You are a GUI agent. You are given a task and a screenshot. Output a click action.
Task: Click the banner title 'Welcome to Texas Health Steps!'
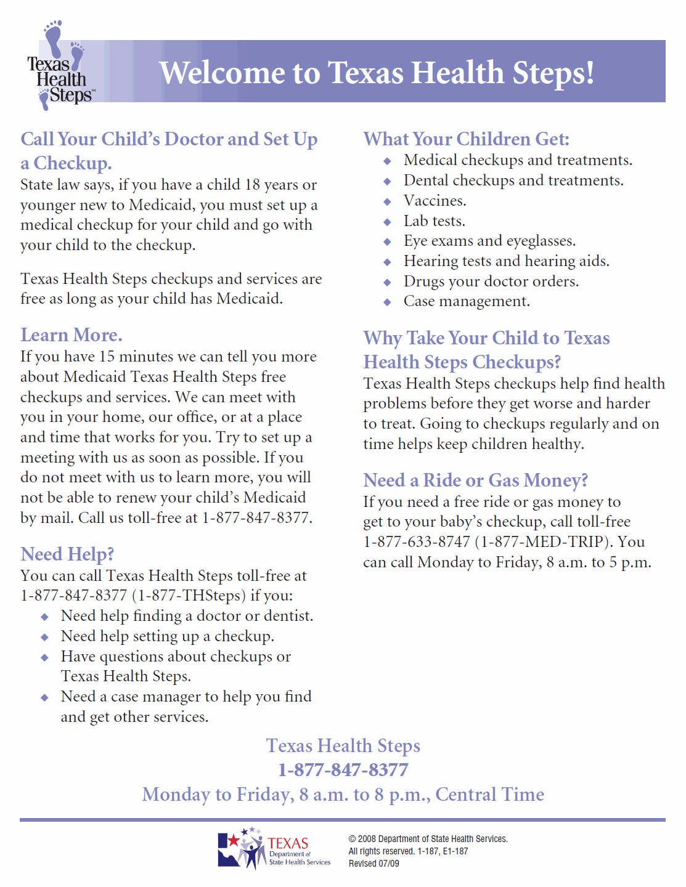376,73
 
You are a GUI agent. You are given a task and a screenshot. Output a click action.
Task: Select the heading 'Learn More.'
71,335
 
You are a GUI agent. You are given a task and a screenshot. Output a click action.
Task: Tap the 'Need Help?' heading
67,554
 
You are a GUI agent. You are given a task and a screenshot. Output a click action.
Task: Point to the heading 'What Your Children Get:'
466,139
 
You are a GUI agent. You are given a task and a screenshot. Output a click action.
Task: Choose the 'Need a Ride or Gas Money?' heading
475,480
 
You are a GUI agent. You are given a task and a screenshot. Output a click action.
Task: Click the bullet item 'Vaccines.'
435,201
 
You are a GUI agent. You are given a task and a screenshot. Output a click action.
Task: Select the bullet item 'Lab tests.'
434,221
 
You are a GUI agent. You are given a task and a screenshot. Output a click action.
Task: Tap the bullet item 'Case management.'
467,301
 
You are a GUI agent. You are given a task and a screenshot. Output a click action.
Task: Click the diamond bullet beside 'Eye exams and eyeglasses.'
387,241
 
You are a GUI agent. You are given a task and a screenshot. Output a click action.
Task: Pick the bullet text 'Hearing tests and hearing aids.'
506,261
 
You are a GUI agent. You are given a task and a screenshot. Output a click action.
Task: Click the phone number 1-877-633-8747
417,542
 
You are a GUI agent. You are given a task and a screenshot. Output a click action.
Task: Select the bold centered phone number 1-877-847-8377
343,770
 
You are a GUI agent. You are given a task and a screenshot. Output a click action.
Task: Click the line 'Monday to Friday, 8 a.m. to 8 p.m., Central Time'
343,795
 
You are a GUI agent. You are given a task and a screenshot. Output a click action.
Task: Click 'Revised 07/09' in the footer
374,864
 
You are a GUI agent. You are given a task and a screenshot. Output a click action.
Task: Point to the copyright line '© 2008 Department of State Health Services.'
428,839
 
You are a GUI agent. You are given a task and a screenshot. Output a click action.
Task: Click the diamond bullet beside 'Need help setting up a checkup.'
44,637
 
